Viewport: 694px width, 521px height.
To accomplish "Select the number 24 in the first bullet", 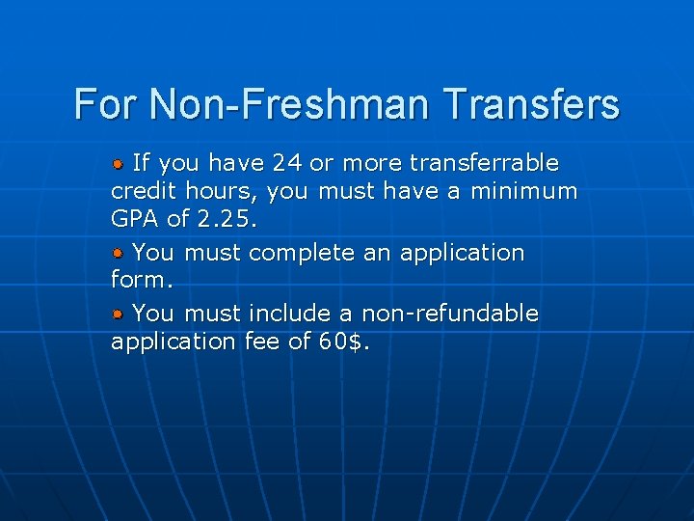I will tap(287, 161).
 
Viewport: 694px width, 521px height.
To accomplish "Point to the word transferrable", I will tap(485, 161).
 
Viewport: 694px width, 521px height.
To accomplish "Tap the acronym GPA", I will tap(136, 219).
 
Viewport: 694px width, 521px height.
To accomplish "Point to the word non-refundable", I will tap(450, 314).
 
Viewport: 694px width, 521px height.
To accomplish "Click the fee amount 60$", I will tap(343, 342).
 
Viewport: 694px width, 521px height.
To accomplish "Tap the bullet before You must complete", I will tap(118, 253).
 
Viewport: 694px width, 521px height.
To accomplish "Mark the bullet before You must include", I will tap(118, 314).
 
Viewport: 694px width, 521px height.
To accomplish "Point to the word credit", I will tap(144, 191).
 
